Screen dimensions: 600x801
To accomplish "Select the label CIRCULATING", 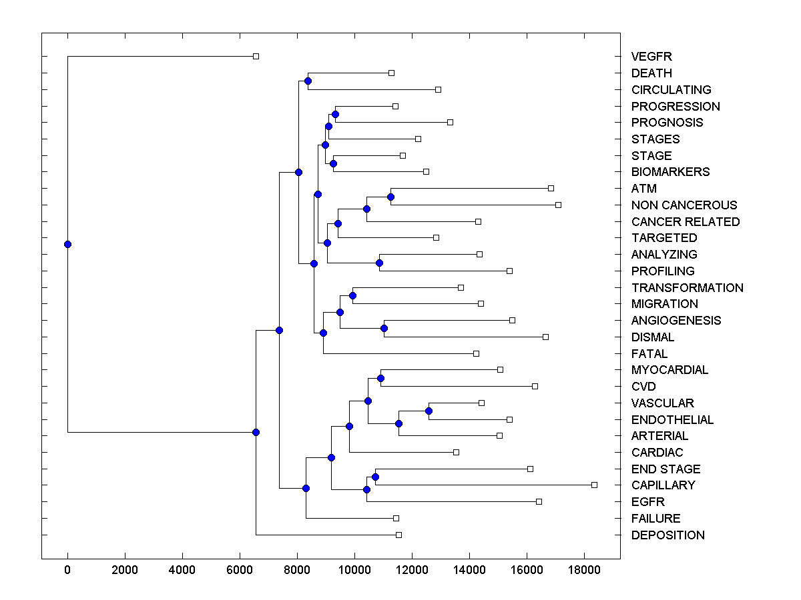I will pyautogui.click(x=671, y=89).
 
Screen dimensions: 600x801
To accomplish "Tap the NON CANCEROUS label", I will pyautogui.click(x=684, y=205).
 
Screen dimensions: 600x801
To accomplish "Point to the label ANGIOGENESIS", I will pyautogui.click(x=676, y=320).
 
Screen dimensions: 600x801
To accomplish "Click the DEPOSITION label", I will pyautogui.click(x=667, y=535).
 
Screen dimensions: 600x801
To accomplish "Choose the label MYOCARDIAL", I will pyautogui.click(x=670, y=369).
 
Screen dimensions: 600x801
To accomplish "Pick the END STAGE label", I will pyautogui.click(x=665, y=469).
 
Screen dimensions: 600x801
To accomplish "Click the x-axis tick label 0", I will pyautogui.click(x=67, y=570).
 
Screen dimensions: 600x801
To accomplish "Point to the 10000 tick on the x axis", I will pyautogui.click(x=354, y=570).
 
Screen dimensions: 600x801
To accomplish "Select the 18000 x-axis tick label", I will pyautogui.click(x=584, y=570).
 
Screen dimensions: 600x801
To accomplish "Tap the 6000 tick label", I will pyautogui.click(x=240, y=570).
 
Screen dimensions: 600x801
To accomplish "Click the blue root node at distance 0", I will pyautogui.click(x=67, y=244).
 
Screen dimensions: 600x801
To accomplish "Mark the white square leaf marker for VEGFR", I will pyautogui.click(x=256, y=57).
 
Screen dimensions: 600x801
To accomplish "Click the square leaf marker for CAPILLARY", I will pyautogui.click(x=594, y=485).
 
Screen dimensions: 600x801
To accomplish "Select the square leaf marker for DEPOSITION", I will pyautogui.click(x=398, y=535).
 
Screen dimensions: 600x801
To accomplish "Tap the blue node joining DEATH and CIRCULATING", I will pyautogui.click(x=308, y=81).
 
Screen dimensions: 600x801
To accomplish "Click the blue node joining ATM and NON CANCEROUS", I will pyautogui.click(x=390, y=197).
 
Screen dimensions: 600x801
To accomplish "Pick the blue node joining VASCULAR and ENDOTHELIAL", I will pyautogui.click(x=429, y=411).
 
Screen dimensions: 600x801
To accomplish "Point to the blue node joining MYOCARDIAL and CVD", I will pyautogui.click(x=380, y=378).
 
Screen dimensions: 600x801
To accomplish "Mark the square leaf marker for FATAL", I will pyautogui.click(x=476, y=353).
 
